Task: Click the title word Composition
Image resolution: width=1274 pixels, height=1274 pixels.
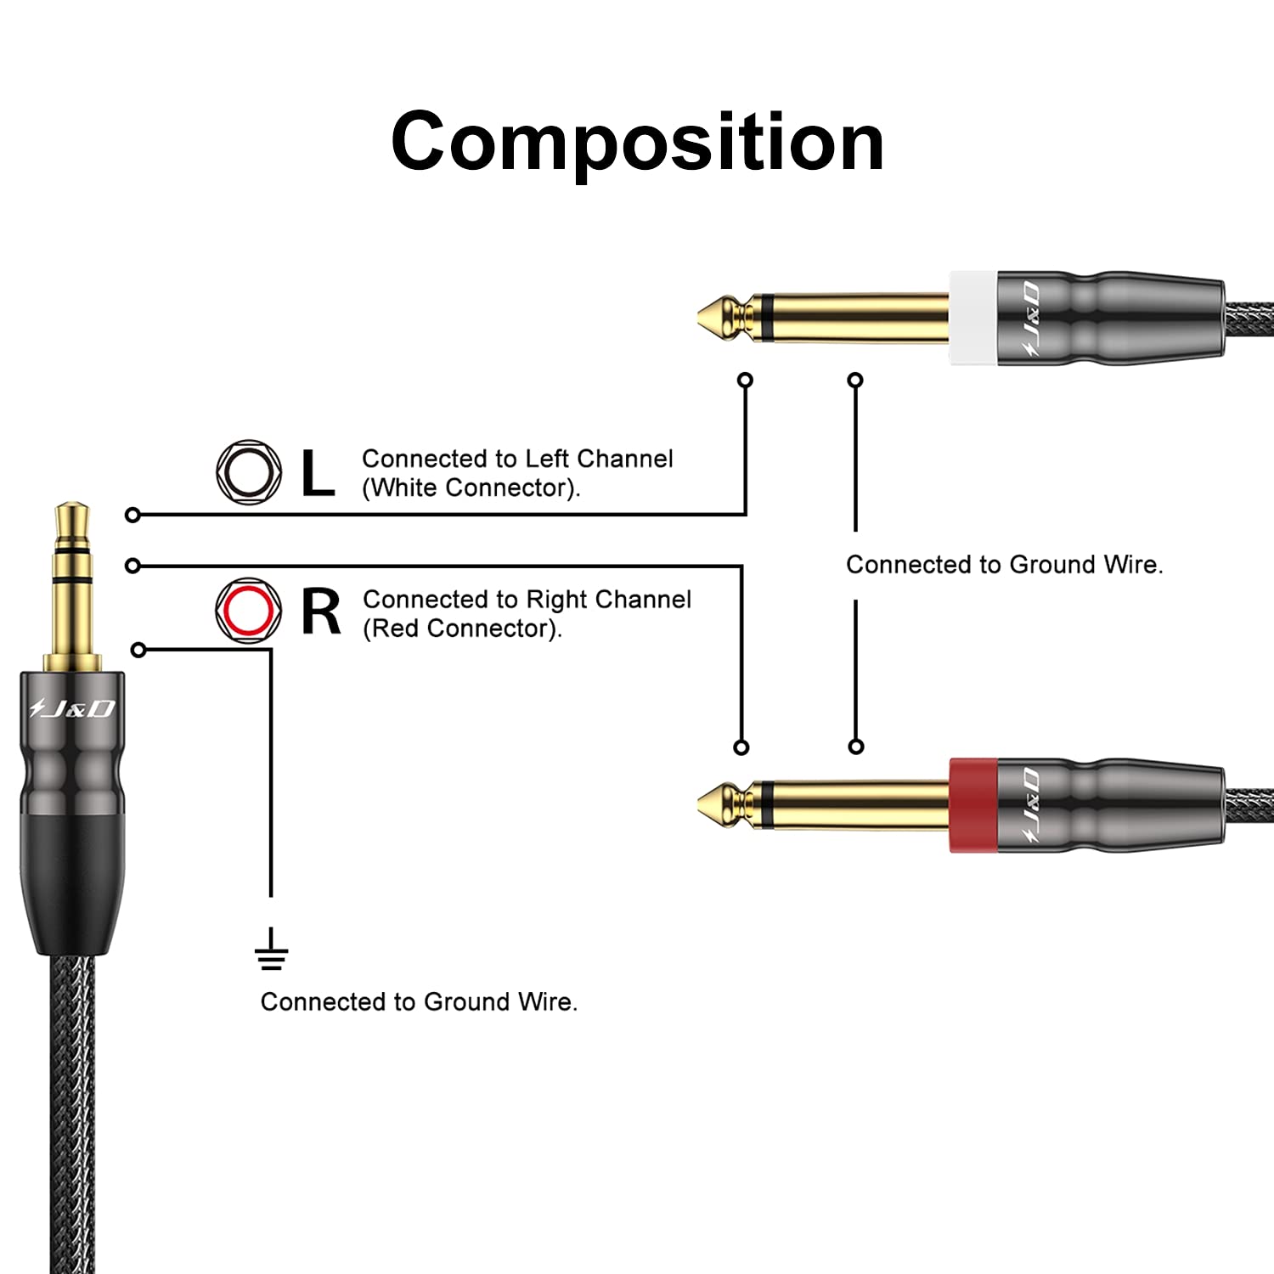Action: point(637,142)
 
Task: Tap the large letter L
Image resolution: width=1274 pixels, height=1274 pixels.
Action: point(318,472)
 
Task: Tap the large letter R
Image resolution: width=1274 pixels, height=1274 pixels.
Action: point(321,612)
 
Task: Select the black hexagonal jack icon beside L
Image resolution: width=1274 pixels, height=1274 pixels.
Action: point(249,472)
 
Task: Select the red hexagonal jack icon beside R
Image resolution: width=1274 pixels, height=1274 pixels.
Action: point(249,611)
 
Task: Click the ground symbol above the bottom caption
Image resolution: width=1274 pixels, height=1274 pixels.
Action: point(271,949)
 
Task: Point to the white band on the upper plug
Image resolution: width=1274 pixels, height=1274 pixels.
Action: point(973,318)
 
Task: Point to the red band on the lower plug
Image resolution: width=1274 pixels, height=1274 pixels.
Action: point(973,805)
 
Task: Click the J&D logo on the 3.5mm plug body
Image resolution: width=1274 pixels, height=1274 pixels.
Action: point(72,707)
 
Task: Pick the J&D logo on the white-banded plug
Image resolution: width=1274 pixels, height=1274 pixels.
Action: point(1030,318)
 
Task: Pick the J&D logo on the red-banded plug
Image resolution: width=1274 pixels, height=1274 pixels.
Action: point(1030,806)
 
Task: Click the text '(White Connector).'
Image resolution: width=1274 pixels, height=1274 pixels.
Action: point(471,488)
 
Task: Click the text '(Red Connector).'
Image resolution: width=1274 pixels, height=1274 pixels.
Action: point(462,629)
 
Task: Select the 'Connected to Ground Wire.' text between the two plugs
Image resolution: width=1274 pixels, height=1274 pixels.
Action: point(1005,565)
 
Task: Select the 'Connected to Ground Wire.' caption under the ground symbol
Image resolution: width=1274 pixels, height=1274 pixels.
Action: point(419,1002)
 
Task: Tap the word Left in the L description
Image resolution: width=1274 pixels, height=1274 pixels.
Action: point(546,459)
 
